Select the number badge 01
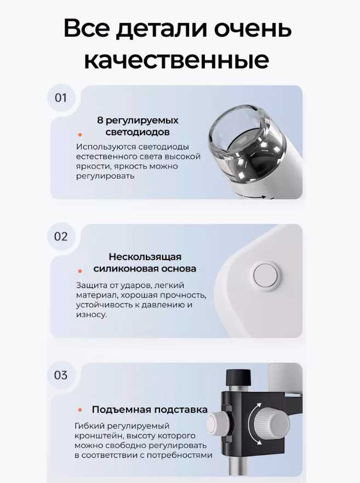coord(61,98)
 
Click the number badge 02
coord(61,237)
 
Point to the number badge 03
coord(61,375)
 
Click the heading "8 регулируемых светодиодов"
coord(138,126)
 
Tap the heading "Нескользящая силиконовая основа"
coord(145,263)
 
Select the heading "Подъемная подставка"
coord(150,410)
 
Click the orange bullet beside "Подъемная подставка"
coord(80,410)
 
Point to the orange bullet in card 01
coord(80,134)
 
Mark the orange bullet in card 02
coord(80,271)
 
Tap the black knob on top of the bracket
coord(238,377)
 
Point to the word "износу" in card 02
coord(92,315)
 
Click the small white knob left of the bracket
coord(215,422)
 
